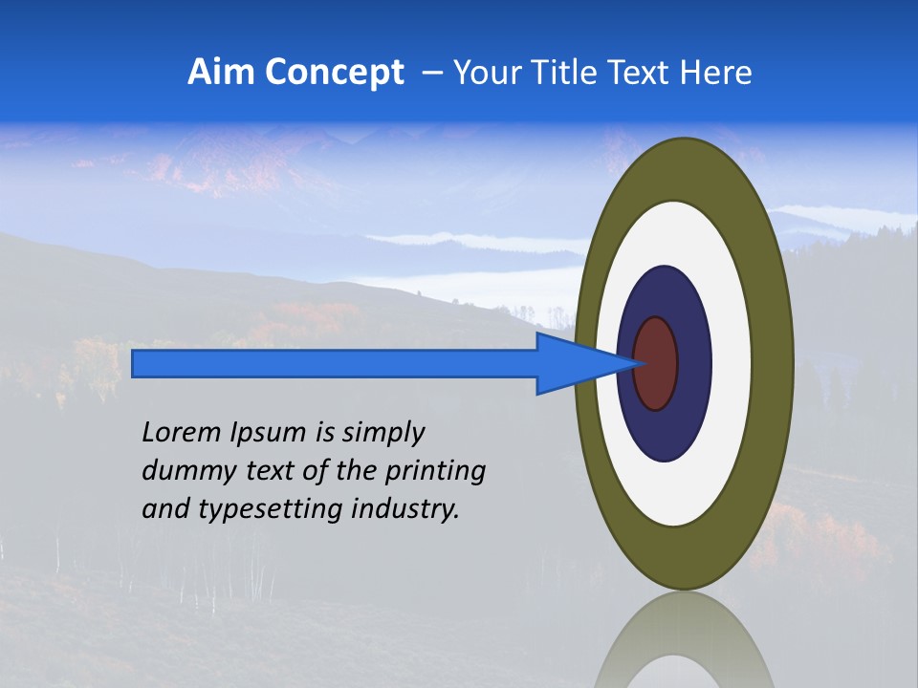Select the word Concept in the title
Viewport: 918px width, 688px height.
pyautogui.click(x=335, y=73)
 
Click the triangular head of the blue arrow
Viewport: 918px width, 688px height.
pyautogui.click(x=574, y=363)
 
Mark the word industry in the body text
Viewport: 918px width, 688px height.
pyautogui.click(x=404, y=509)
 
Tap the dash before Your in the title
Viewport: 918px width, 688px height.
pyautogui.click(x=432, y=73)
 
